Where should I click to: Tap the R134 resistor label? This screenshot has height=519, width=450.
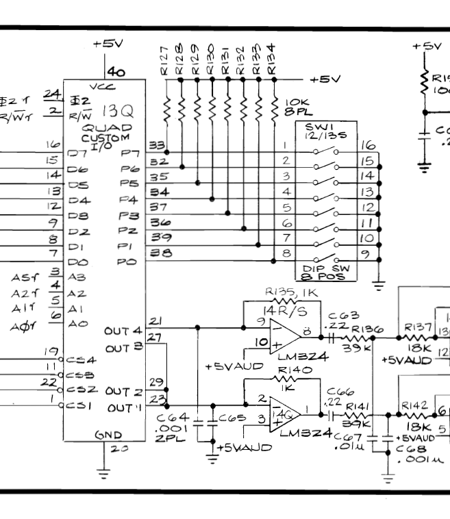[x=273, y=62]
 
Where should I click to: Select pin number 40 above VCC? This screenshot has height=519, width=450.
[x=116, y=71]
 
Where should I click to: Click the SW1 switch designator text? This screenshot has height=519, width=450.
[x=314, y=129]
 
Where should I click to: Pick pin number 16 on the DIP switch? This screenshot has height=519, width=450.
[x=368, y=146]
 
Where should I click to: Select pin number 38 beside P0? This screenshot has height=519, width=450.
[x=158, y=253]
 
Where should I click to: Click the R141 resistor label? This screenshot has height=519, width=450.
[x=356, y=405]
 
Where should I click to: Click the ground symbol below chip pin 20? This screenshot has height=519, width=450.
[x=103, y=472]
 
